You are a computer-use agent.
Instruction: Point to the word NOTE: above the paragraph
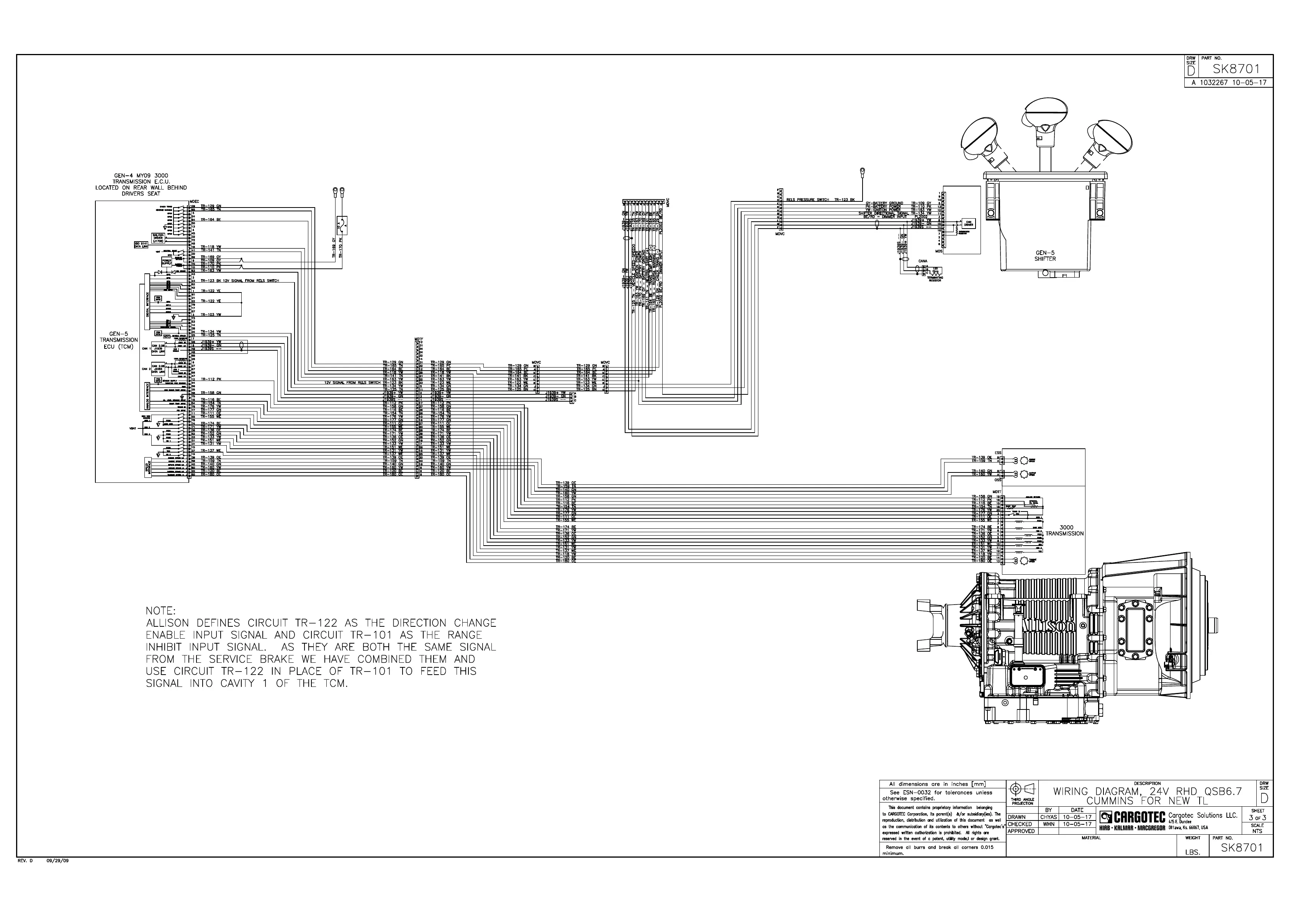[x=161, y=610]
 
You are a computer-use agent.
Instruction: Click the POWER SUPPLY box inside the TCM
[x=167, y=262]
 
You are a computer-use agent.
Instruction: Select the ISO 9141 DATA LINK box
[x=139, y=244]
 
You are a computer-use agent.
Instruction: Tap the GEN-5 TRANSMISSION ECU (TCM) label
[x=119, y=340]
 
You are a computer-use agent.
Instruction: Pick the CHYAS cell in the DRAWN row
[x=1048, y=817]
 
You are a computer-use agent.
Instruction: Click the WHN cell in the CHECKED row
[x=1048, y=824]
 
